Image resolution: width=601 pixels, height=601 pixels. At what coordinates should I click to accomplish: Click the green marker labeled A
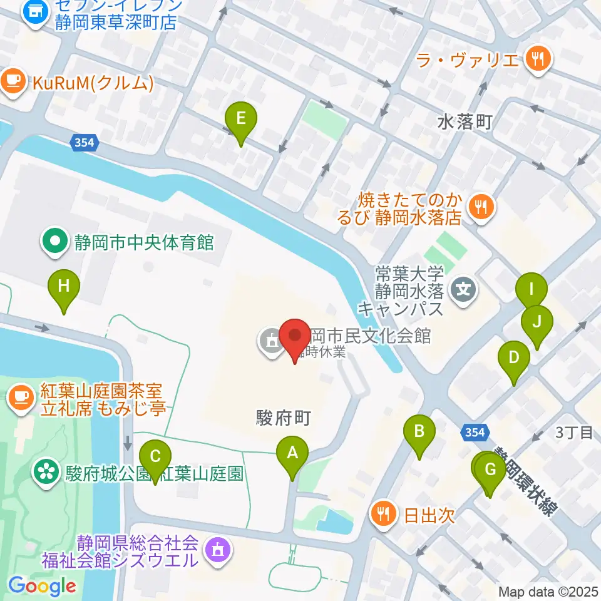292,453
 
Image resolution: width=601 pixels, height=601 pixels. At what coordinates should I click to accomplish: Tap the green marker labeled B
419,432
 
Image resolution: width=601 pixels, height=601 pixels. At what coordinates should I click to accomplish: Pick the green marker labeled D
514,359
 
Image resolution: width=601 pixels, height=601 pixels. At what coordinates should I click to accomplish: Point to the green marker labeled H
64,287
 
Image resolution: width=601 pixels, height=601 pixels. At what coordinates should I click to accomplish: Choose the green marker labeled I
531,290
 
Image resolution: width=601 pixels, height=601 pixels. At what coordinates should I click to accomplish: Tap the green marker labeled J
537,322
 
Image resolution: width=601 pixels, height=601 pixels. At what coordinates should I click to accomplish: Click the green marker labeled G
490,470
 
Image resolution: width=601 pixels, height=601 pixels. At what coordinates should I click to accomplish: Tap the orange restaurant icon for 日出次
383,515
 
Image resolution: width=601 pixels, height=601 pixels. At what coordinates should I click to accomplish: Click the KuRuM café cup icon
13,82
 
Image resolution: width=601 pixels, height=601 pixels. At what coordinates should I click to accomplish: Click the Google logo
42,587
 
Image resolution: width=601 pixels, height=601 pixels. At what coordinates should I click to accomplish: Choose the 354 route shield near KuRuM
84,143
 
